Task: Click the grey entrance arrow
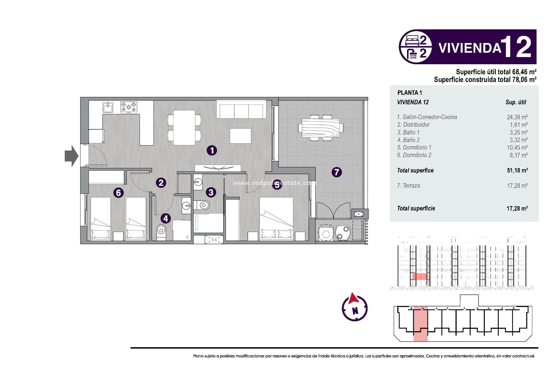tap(71, 156)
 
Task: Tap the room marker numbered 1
tap(212, 150)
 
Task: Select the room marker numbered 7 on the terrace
tap(337, 172)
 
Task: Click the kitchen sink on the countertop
tap(108, 108)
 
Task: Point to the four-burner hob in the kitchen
tap(129, 108)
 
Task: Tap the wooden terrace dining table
tap(321, 128)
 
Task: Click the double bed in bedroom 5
tap(276, 218)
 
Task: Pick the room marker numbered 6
tap(118, 193)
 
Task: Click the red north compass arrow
tap(353, 299)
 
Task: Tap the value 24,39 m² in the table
tap(517, 117)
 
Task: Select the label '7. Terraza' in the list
tap(408, 186)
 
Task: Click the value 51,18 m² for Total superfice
tap(517, 170)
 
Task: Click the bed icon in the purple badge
tap(412, 40)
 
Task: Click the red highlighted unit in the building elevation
tap(420, 276)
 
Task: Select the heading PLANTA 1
tap(410, 93)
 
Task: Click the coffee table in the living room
tap(240, 136)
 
